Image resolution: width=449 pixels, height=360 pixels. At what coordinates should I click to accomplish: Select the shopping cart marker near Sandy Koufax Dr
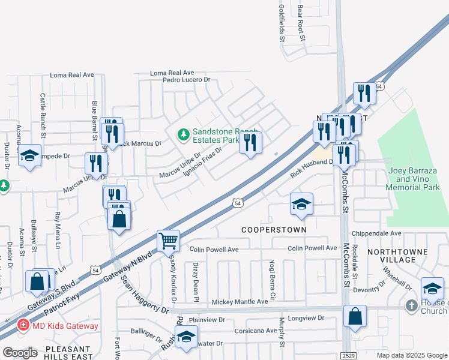coord(169,241)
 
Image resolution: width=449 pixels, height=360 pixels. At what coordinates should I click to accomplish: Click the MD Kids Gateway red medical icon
coord(23,326)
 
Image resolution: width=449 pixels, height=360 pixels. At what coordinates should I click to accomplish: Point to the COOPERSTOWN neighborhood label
coord(274,230)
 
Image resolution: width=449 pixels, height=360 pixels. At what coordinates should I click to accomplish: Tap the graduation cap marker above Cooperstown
coord(301,204)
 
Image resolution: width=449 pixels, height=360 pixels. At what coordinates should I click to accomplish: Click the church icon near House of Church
coord(411,305)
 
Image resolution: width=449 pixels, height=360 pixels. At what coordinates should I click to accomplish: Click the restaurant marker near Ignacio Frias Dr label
coord(251,143)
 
